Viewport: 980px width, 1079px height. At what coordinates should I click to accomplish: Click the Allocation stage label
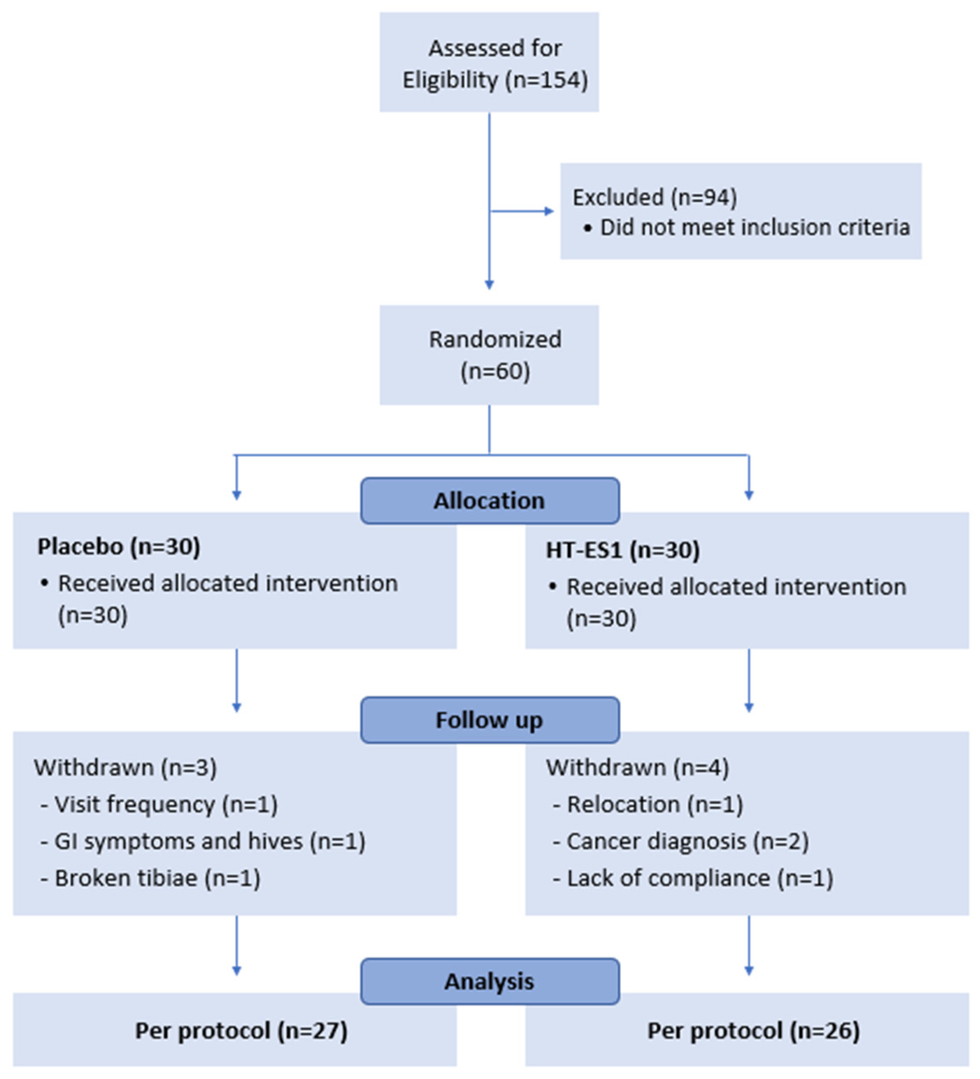(x=489, y=501)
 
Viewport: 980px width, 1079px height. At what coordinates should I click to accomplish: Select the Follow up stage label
(x=489, y=720)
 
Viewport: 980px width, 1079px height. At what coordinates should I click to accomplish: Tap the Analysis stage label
(x=489, y=981)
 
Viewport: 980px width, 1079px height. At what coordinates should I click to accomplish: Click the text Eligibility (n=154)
(x=495, y=80)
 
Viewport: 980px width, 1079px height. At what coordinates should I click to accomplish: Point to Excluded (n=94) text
(x=655, y=197)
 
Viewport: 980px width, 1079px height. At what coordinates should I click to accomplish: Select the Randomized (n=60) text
(x=495, y=354)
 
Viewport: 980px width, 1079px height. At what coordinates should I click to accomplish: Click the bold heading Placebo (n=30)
(x=119, y=547)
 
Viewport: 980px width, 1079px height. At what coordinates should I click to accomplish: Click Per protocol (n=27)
(x=241, y=1030)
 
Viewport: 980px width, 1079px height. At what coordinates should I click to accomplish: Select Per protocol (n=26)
(x=753, y=1030)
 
